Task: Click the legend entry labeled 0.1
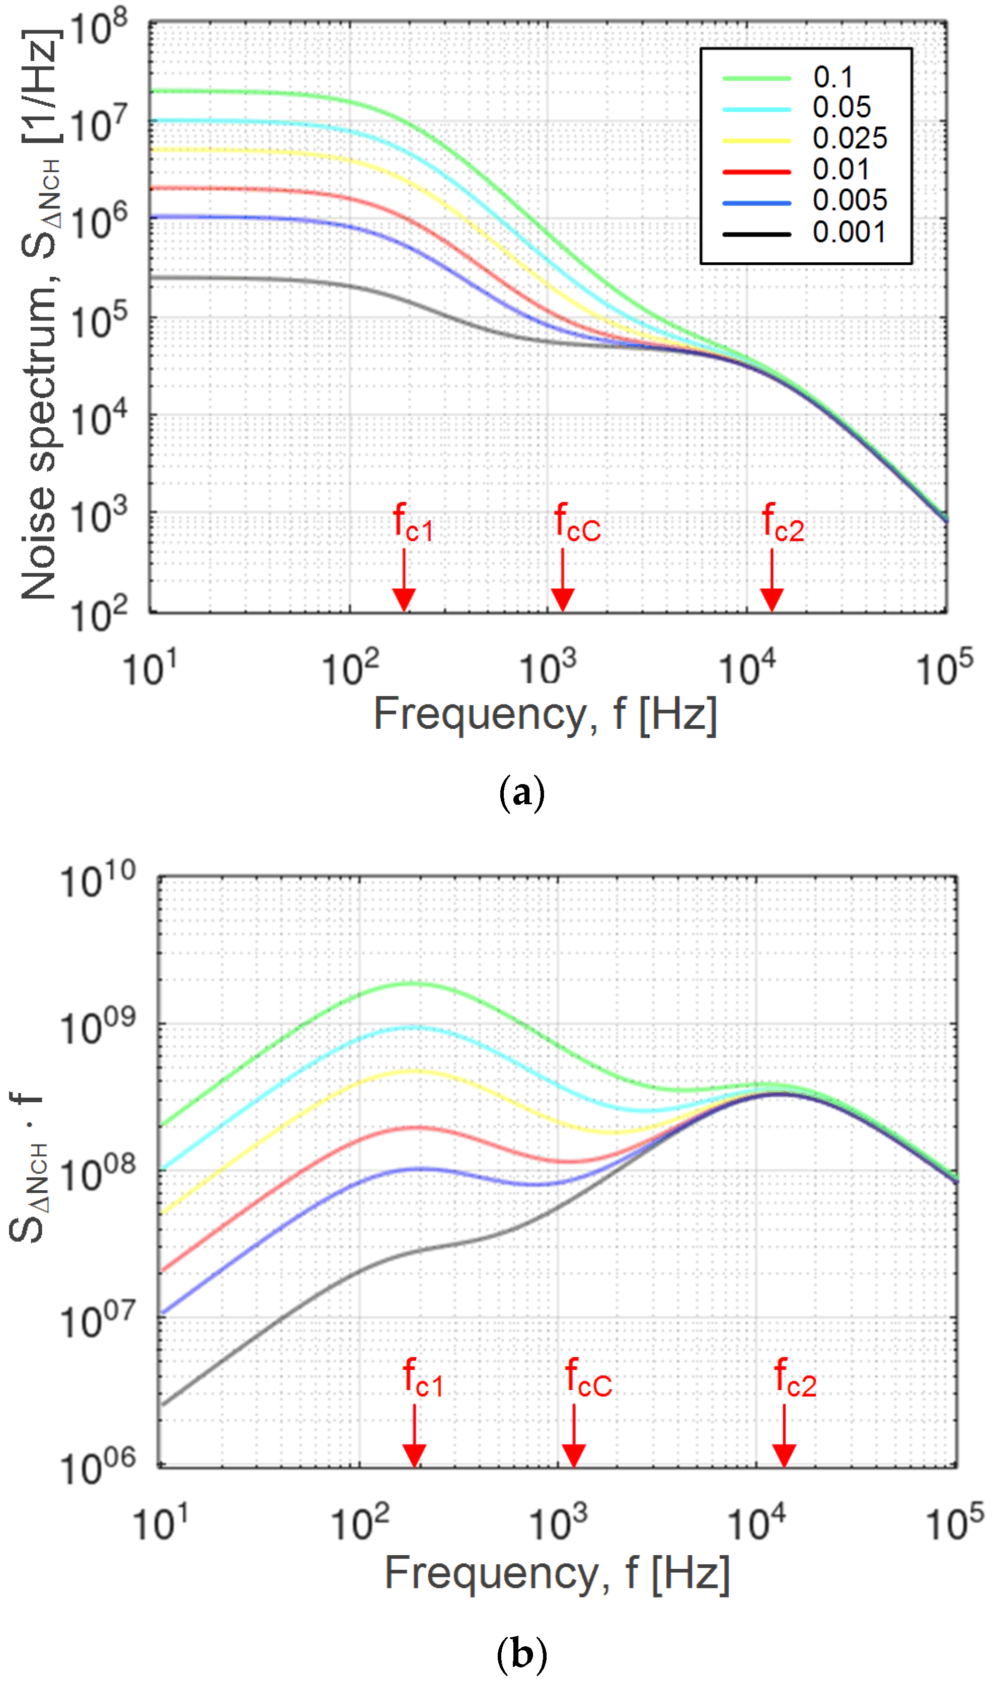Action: [x=832, y=78]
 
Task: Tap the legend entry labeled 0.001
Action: [x=849, y=233]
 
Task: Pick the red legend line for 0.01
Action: [x=756, y=172]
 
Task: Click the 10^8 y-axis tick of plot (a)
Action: [x=98, y=28]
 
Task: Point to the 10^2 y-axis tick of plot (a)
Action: [x=98, y=615]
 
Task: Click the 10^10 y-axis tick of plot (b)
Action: [x=98, y=881]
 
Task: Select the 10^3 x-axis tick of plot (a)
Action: [x=547, y=668]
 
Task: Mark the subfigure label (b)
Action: [x=522, y=1653]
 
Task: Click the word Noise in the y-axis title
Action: [x=38, y=543]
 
